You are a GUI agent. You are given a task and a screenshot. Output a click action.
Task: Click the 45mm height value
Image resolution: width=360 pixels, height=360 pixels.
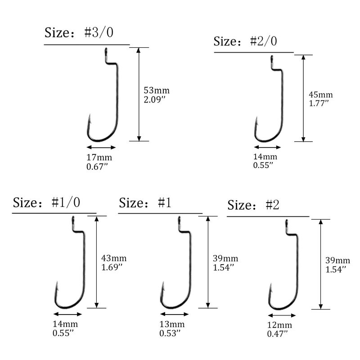320,95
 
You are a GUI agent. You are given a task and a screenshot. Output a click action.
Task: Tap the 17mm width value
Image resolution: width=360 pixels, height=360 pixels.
99,157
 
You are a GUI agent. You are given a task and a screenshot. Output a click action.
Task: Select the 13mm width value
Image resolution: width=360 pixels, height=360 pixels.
171,324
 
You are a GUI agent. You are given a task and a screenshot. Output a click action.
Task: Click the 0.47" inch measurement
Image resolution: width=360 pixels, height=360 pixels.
277,333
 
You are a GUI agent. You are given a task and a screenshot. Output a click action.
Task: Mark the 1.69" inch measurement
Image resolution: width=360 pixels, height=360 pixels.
112,267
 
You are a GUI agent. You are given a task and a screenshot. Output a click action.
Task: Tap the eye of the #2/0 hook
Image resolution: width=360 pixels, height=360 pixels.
272,58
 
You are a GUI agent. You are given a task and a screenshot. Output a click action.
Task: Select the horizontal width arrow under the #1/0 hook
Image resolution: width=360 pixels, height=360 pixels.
67,314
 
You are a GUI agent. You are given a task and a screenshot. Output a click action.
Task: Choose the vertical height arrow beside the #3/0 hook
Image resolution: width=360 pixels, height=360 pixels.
139,94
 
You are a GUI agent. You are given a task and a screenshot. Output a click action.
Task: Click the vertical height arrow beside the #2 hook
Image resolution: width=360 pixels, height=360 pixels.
320,264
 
